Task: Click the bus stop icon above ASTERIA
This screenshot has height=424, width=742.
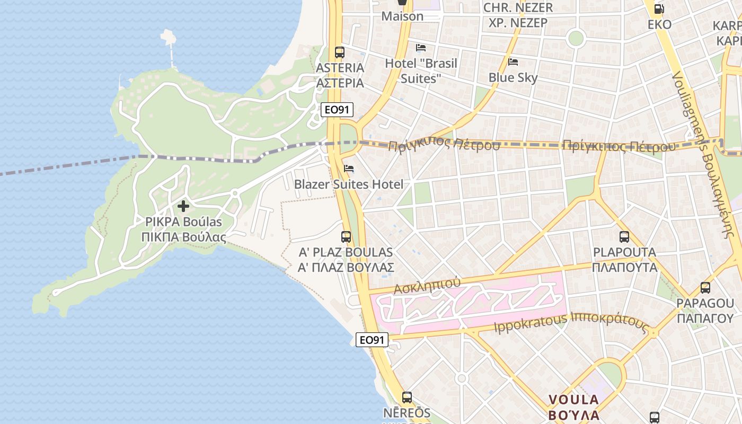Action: click(340, 52)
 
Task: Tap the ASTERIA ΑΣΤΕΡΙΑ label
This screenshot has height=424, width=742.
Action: click(340, 75)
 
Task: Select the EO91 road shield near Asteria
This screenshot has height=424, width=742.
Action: click(337, 110)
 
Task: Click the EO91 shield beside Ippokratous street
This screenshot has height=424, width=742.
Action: click(372, 340)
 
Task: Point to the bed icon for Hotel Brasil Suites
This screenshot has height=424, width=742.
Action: click(421, 48)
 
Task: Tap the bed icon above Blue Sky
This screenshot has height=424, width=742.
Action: click(513, 62)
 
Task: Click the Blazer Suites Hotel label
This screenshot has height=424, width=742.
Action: click(349, 184)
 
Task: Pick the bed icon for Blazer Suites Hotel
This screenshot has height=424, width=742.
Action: click(349, 169)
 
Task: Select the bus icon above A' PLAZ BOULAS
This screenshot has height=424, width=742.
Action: click(346, 237)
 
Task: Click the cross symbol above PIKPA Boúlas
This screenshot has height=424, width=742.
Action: click(183, 206)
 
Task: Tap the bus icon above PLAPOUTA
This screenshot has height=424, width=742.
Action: click(624, 237)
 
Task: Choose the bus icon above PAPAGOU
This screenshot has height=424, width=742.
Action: click(705, 288)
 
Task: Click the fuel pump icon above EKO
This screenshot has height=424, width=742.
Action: click(659, 9)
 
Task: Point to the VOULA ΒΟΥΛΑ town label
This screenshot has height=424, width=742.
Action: click(573, 407)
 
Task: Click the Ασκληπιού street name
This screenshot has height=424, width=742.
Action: click(427, 285)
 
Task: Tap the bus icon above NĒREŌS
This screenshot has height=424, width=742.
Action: click(407, 397)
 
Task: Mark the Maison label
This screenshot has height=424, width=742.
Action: click(403, 16)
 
